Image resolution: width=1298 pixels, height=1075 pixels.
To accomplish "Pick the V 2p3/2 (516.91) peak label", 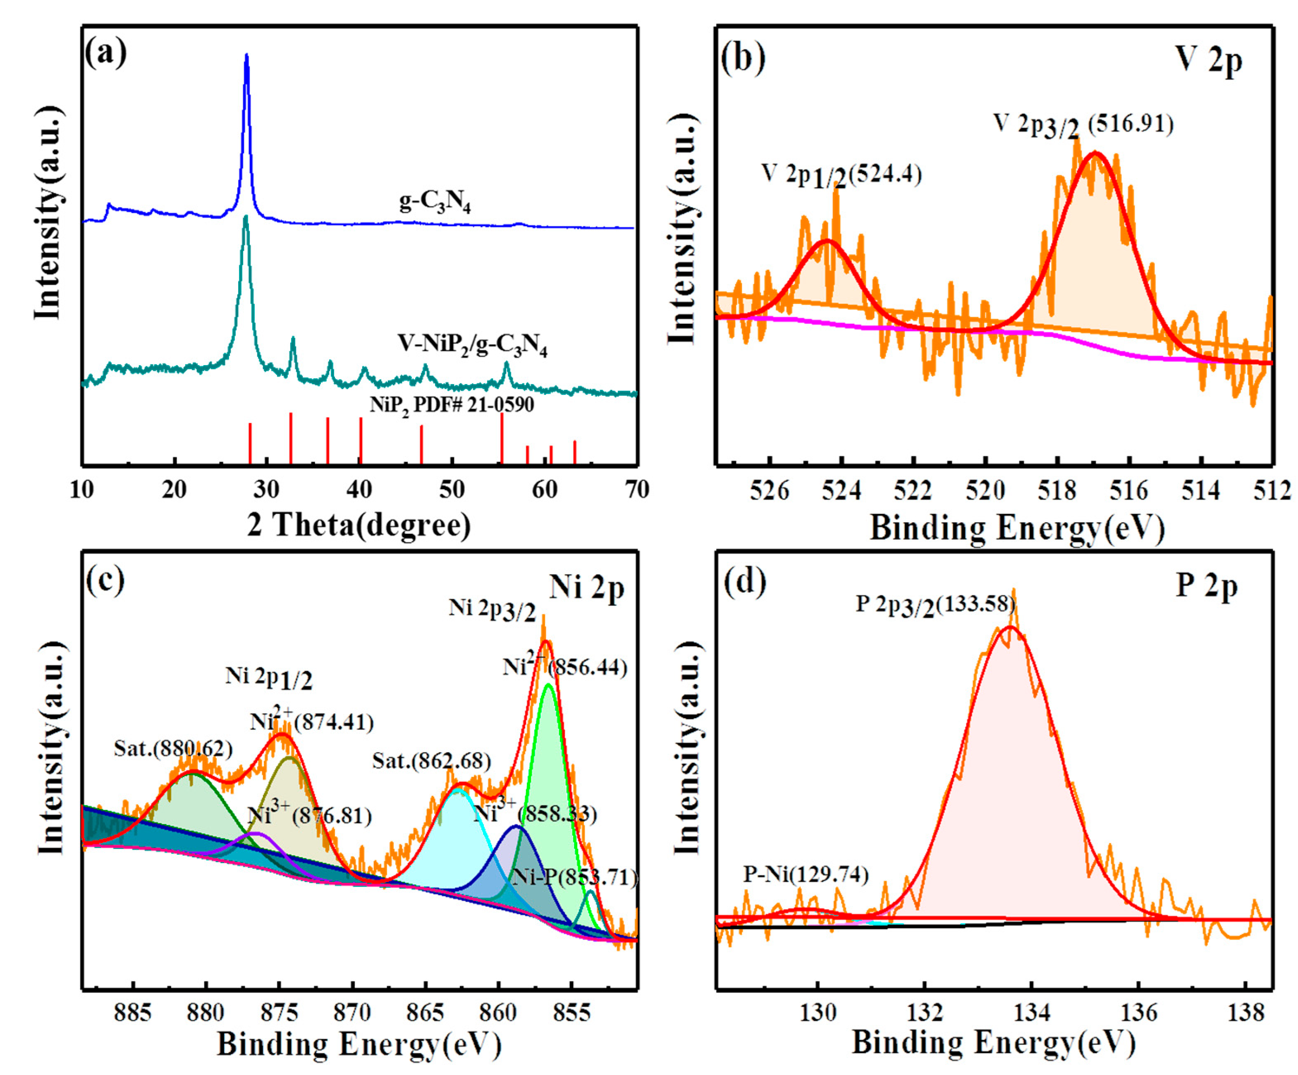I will [x=1083, y=126].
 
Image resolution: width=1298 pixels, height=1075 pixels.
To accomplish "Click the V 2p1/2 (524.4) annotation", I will [x=841, y=176].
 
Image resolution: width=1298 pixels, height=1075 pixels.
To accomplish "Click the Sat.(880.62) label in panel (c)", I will [x=173, y=749].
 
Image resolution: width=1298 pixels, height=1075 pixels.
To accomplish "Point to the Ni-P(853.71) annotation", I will [x=575, y=877].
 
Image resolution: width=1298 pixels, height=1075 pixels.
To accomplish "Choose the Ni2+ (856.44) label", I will [x=565, y=667].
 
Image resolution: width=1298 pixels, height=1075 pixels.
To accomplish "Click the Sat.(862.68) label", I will [x=431, y=760].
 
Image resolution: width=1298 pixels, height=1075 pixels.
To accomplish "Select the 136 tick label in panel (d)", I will [x=1138, y=1013].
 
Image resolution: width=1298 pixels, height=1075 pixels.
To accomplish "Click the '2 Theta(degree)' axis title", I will [x=359, y=525].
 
